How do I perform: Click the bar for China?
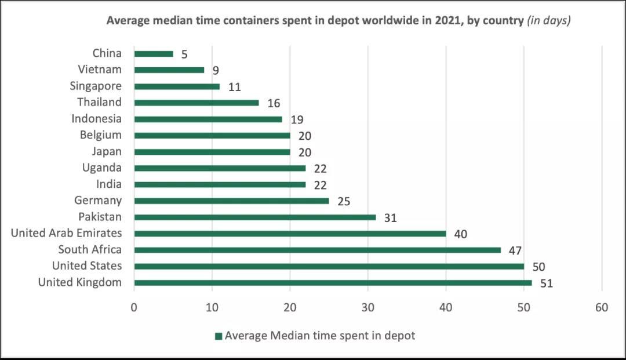(154, 54)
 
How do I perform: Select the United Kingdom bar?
(333, 283)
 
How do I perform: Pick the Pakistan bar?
(255, 217)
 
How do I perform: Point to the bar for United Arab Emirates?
(290, 234)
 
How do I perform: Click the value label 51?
(546, 283)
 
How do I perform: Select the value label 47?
(515, 250)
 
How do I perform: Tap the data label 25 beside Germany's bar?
(344, 201)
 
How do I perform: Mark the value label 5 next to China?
(185, 54)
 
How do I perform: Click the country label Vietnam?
(100, 70)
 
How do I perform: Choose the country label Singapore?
(96, 86)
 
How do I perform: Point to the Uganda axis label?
(102, 168)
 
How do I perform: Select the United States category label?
(87, 266)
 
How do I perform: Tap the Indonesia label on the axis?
(97, 119)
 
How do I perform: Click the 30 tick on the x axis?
(368, 308)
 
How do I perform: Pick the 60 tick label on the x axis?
(602, 308)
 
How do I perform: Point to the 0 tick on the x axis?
(134, 308)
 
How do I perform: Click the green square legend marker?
(219, 336)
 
